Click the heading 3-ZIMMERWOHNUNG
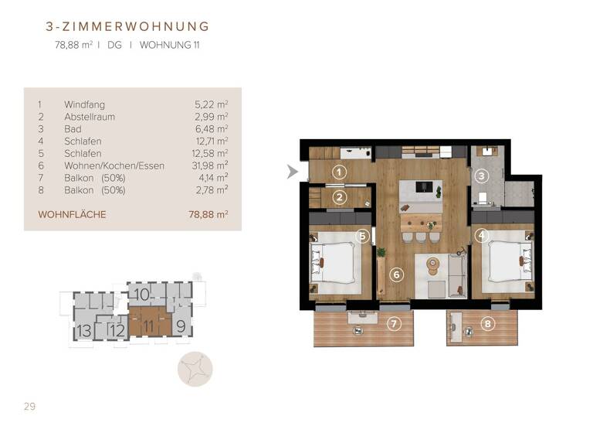point(127,27)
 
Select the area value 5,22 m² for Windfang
point(212,104)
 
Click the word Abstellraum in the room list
point(89,117)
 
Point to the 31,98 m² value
point(210,166)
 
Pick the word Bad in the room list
point(73,129)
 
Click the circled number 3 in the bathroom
point(482,176)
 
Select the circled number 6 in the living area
point(397,274)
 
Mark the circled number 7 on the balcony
point(394,323)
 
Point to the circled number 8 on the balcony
point(486,324)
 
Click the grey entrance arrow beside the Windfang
point(292,172)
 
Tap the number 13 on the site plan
point(84,332)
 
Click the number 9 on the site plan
point(181,326)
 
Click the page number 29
point(30,407)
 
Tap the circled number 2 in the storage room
point(338,197)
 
